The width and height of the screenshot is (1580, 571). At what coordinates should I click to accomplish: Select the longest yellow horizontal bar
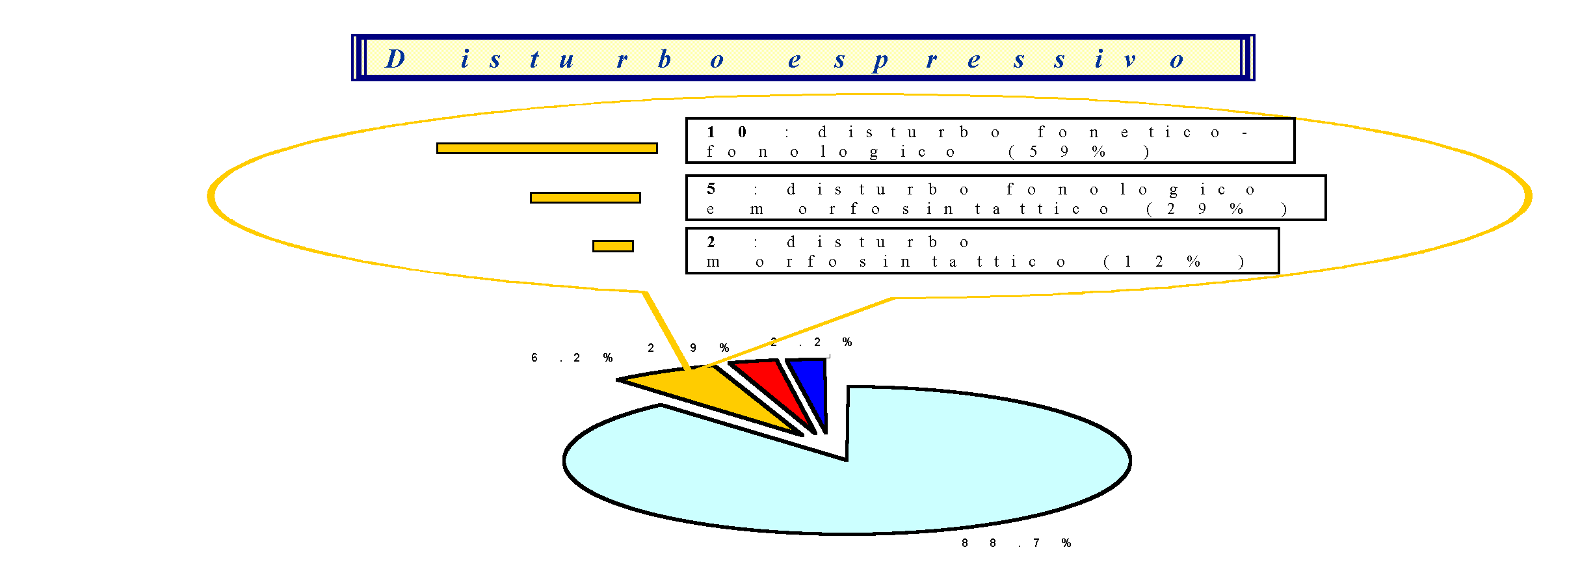coord(547,148)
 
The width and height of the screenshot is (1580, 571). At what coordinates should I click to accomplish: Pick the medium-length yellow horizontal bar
coord(585,198)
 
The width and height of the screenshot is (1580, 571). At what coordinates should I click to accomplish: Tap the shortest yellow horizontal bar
coord(612,246)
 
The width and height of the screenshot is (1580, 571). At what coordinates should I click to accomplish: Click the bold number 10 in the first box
coord(726,132)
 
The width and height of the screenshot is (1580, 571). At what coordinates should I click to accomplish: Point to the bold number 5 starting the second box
coord(711,189)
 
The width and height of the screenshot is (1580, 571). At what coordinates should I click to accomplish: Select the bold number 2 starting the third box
coord(711,242)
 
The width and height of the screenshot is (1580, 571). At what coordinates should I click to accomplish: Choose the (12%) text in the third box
coord(1173,261)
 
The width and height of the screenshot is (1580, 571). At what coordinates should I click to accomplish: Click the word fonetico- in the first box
coord(1142,132)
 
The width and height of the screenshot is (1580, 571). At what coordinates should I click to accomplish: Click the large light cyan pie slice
coord(910,468)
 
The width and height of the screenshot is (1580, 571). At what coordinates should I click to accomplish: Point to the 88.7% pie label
coord(1016,543)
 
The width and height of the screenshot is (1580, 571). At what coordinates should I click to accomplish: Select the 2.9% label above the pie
coord(688,348)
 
